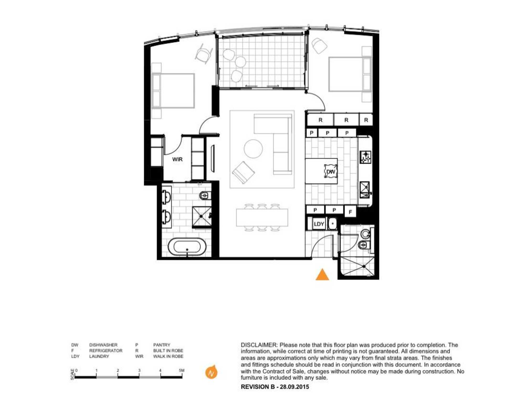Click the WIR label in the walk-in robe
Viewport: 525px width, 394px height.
click(x=177, y=159)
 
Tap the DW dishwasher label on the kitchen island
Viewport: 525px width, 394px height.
click(x=331, y=172)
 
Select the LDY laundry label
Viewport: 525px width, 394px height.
click(x=319, y=224)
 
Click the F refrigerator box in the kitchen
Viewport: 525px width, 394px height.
click(x=350, y=212)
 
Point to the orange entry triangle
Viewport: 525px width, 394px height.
click(x=322, y=275)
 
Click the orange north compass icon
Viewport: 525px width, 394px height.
click(x=211, y=372)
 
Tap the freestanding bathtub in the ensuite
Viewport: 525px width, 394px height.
click(x=187, y=247)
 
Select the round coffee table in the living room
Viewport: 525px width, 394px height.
click(x=253, y=149)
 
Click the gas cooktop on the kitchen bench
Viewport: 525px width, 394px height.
click(x=365, y=157)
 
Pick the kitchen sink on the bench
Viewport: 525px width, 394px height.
click(x=365, y=190)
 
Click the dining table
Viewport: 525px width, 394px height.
click(x=262, y=217)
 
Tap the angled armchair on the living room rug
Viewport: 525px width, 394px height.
click(x=243, y=172)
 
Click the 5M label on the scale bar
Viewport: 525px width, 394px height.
click(x=182, y=370)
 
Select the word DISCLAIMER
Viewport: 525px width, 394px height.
click(x=259, y=345)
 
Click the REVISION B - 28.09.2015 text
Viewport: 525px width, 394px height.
click(x=275, y=387)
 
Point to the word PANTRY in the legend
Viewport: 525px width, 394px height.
click(x=162, y=345)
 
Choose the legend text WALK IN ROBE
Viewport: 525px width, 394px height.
click(x=168, y=356)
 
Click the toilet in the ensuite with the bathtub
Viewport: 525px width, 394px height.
click(x=204, y=195)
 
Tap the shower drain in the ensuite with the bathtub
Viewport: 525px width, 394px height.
click(x=201, y=216)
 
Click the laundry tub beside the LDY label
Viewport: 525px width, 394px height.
click(x=332, y=224)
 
